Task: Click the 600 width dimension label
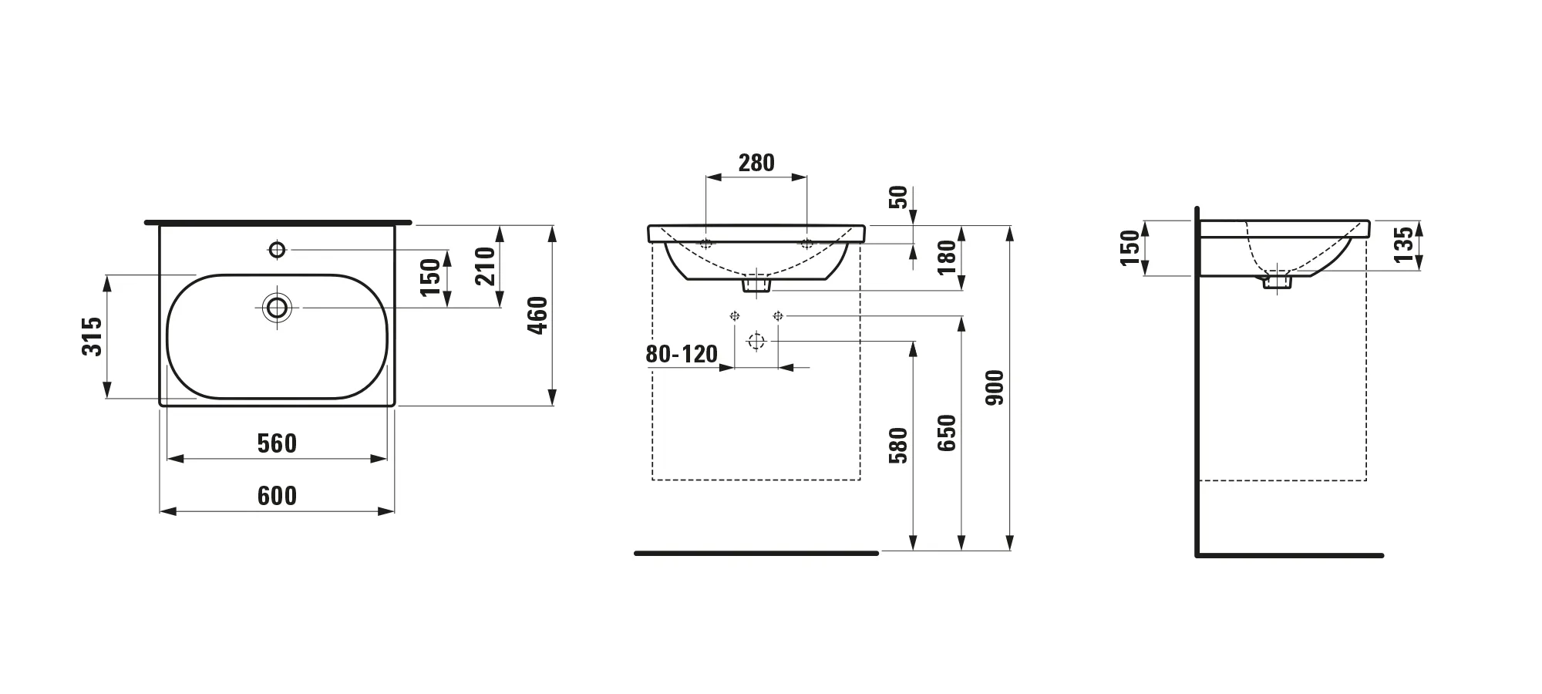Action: pyautogui.click(x=277, y=495)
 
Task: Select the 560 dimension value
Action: pyautogui.click(x=277, y=443)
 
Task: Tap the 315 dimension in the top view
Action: pyautogui.click(x=92, y=336)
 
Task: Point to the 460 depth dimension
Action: pyautogui.click(x=537, y=315)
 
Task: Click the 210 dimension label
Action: pyautogui.click(x=486, y=266)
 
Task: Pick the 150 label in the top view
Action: pyautogui.click(x=430, y=278)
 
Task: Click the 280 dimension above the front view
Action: pyautogui.click(x=756, y=163)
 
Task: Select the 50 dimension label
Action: pyautogui.click(x=899, y=197)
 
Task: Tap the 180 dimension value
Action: pyautogui.click(x=948, y=258)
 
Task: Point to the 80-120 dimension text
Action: pyautogui.click(x=682, y=354)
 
